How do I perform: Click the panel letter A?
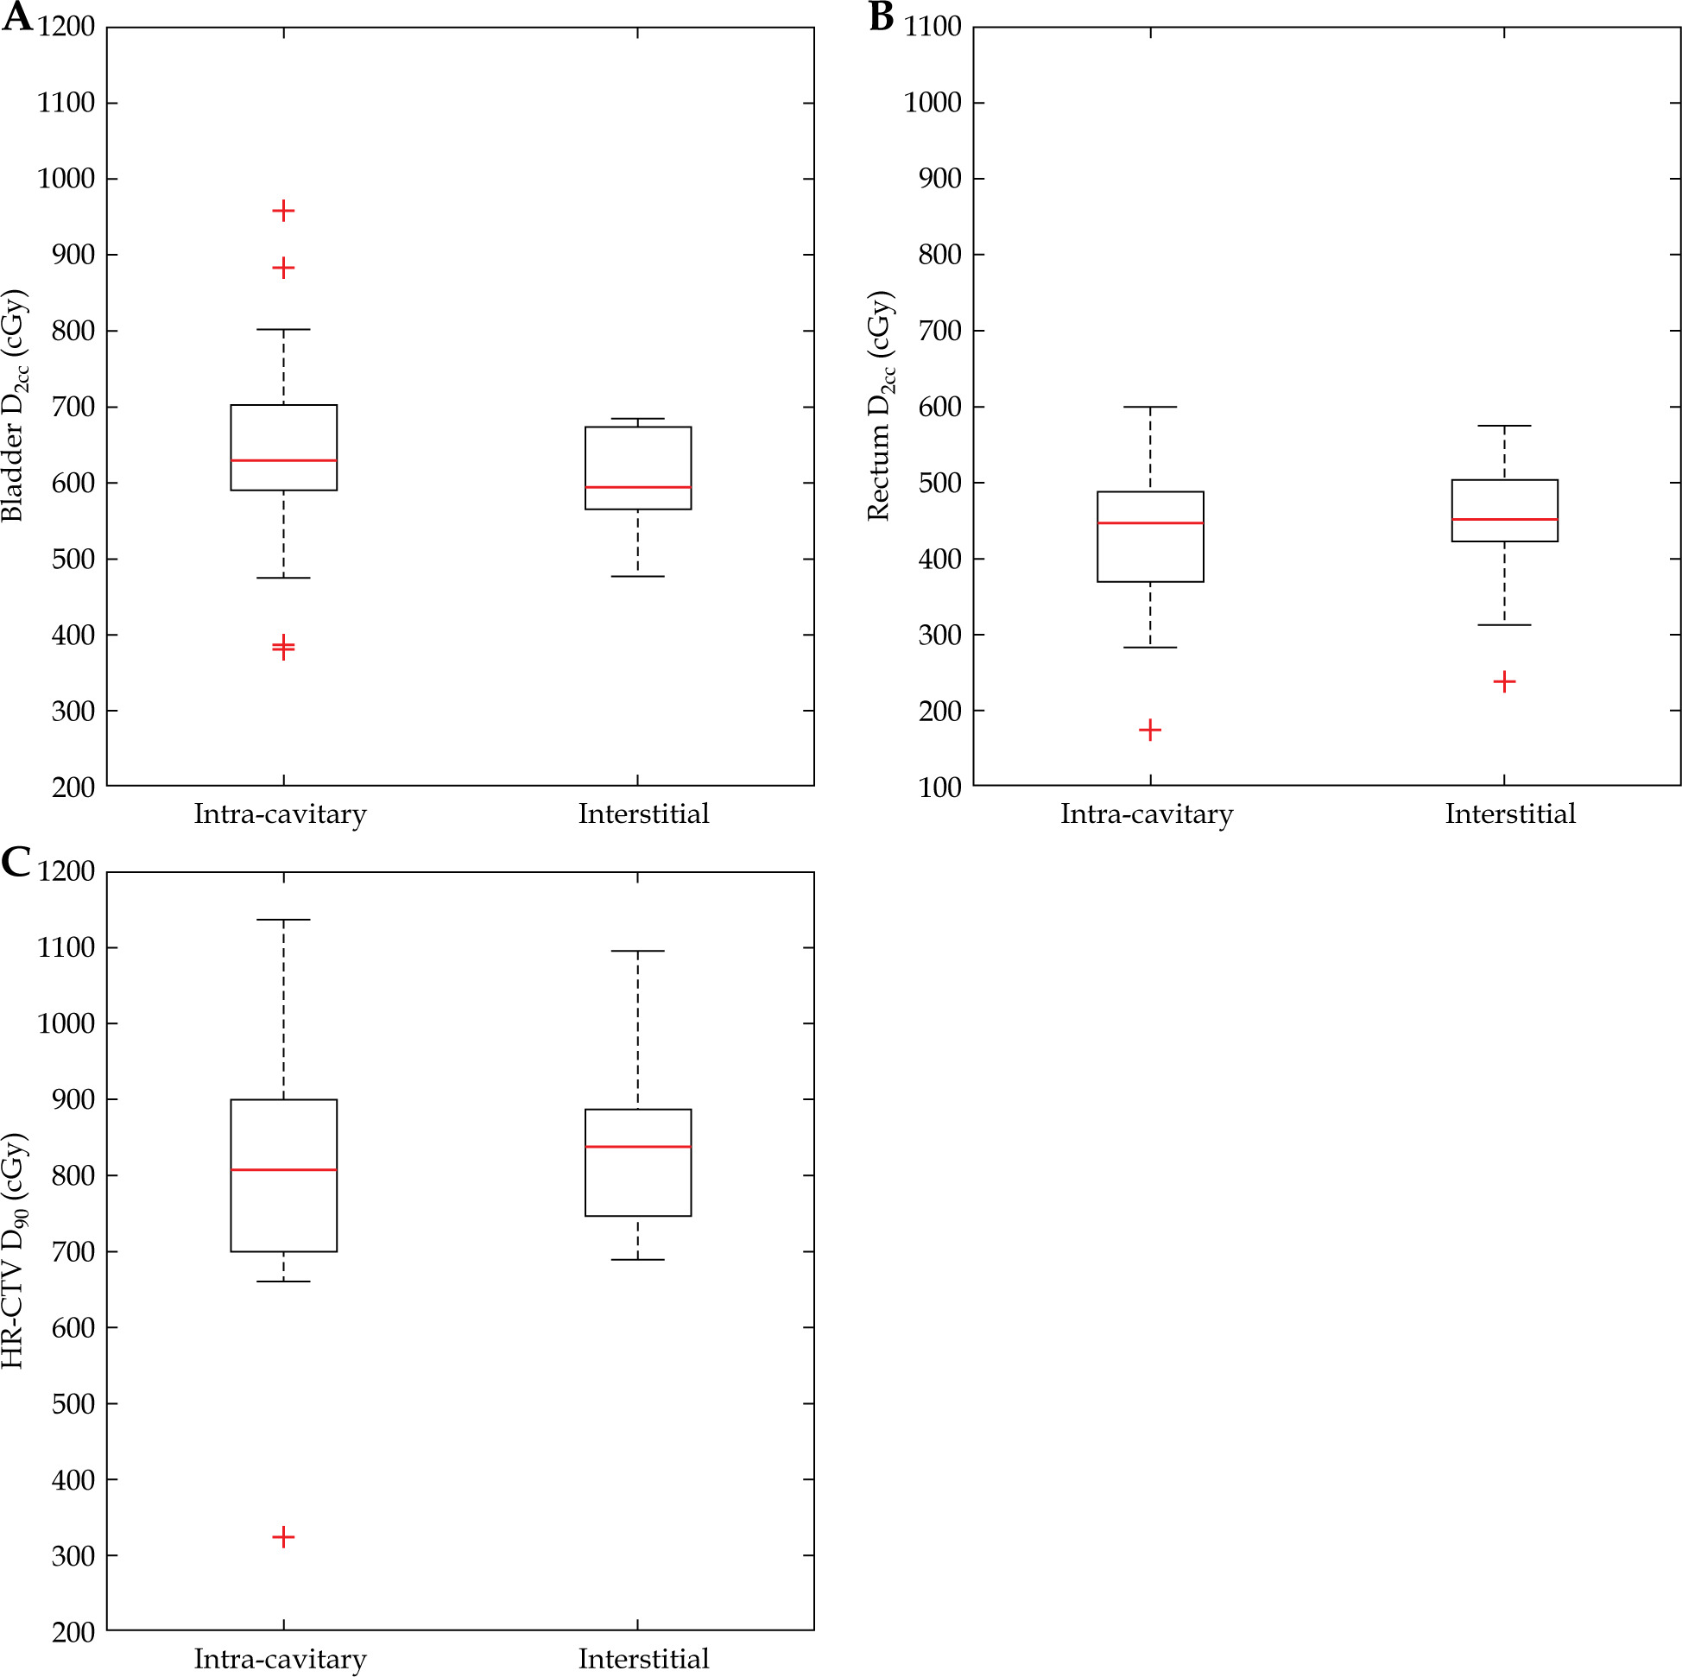16,16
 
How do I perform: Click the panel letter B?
881,16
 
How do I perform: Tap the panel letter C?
16,862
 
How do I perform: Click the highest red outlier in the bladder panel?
283,211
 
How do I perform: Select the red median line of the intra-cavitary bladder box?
283,459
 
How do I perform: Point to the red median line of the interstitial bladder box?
637,487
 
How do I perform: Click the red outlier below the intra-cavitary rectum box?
1149,729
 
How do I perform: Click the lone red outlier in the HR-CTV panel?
283,1536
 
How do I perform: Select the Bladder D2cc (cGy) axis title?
15,405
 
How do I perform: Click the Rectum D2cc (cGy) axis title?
880,406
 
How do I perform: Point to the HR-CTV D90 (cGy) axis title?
15,1250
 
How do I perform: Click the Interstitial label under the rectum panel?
1509,813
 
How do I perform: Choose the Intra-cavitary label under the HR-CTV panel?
280,1658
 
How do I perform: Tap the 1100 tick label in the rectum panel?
933,27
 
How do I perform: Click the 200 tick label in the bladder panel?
73,788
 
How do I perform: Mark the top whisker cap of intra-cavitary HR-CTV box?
283,920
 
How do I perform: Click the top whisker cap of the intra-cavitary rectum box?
1149,407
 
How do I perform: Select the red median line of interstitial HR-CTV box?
637,1147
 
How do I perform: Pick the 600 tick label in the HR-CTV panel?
73,1328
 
